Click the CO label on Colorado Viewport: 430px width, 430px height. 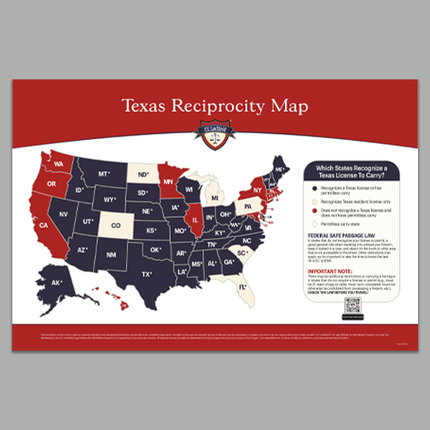(116, 226)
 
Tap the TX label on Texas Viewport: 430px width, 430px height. (147, 274)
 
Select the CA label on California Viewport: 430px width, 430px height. (43, 225)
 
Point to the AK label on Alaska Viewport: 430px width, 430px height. (56, 282)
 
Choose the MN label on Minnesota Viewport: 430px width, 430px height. (168, 182)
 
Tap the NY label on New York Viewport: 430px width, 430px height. (257, 189)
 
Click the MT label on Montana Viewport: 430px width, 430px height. (103, 173)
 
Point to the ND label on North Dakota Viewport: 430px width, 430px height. (142, 172)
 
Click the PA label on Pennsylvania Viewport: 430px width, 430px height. (248, 206)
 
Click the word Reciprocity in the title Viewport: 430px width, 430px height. (218, 107)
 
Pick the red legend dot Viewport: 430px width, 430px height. (314, 210)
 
